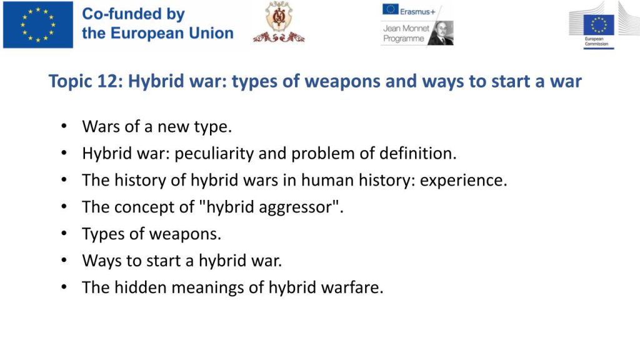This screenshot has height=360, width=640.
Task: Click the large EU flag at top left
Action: pos(38,25)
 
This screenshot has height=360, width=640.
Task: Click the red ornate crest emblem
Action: pos(279,22)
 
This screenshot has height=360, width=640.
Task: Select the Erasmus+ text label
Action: pos(417,12)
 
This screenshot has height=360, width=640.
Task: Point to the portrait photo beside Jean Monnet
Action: pos(441,33)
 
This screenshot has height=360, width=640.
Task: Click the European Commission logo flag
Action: pos(599,25)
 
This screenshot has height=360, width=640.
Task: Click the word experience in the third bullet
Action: pos(463,181)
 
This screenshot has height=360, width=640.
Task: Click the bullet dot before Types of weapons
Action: pos(64,234)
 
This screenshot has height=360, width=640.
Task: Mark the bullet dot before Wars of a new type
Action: pos(64,126)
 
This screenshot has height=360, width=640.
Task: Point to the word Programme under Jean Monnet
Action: pos(404,39)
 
